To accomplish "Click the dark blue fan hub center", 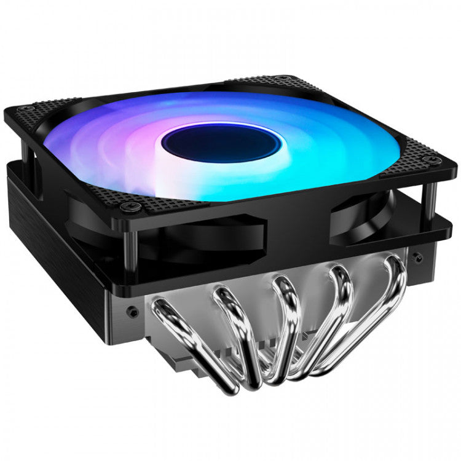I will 221,143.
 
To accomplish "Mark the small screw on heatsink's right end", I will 417,253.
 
